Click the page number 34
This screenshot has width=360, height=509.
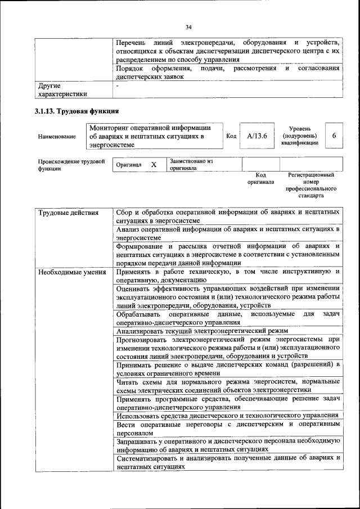188,26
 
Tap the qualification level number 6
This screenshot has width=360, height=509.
334,136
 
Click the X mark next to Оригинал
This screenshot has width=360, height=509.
153,165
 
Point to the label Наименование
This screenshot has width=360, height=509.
57,137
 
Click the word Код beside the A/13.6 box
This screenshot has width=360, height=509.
231,136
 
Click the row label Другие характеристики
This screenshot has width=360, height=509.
62,90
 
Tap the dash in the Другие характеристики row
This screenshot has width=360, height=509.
118,86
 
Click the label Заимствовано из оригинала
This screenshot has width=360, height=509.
191,164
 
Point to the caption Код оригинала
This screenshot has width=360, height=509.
260,179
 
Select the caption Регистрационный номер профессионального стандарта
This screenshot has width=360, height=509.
310,186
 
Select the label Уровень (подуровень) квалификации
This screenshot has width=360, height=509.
299,136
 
